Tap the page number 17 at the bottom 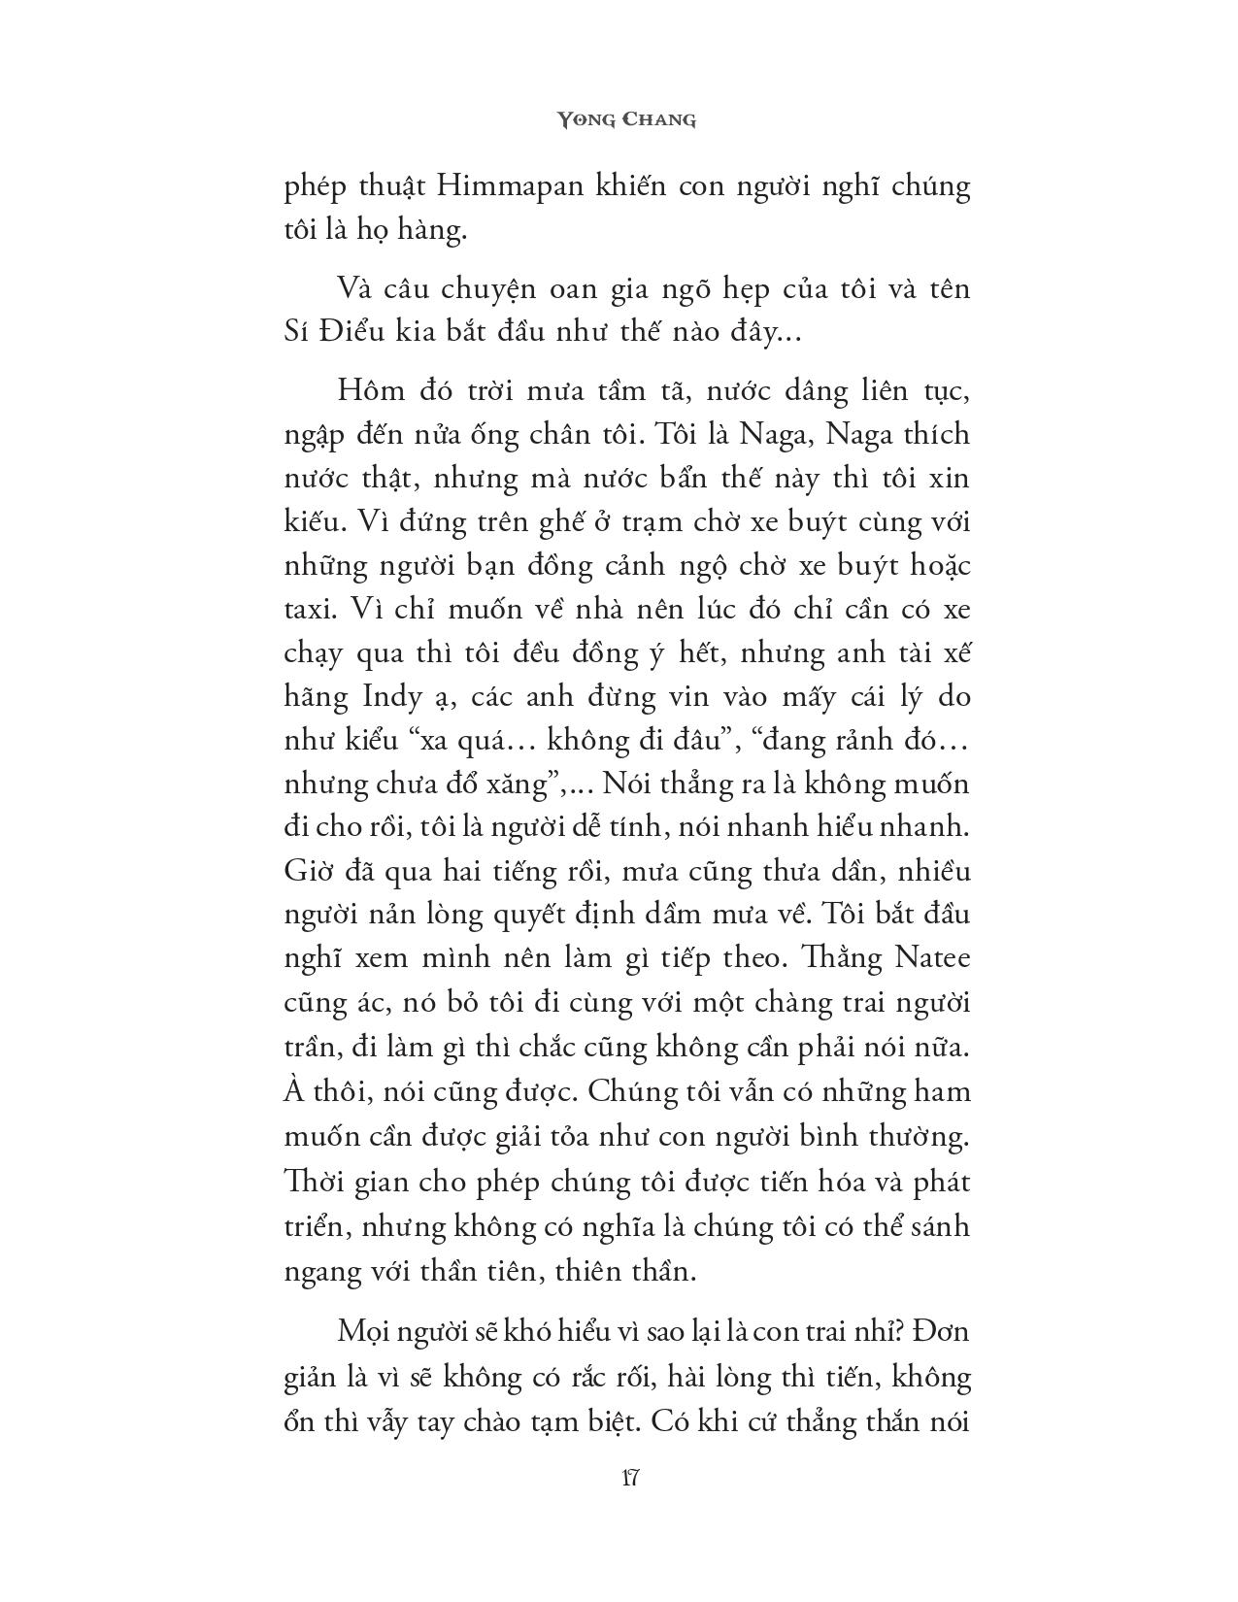coord(627,1480)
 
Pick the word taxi coord(307,610)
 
